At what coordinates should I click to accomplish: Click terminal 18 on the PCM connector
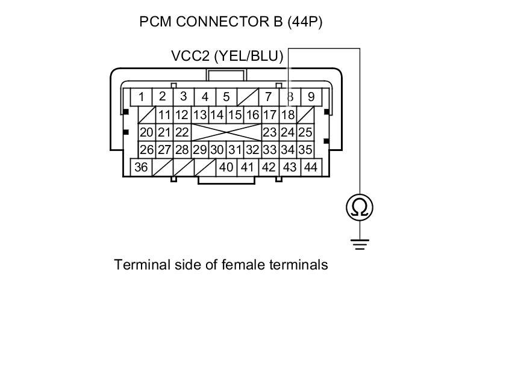pyautogui.click(x=289, y=114)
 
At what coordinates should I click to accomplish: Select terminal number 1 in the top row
pyautogui.click(x=141, y=97)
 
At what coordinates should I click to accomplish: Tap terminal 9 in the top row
pyautogui.click(x=311, y=97)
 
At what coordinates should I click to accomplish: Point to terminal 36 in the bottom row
pyautogui.click(x=141, y=167)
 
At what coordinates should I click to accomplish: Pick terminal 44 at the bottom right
pyautogui.click(x=311, y=167)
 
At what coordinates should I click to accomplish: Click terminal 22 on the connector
pyautogui.click(x=182, y=132)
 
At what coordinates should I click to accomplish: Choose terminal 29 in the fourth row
pyautogui.click(x=200, y=150)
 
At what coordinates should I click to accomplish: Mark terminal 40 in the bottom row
pyautogui.click(x=226, y=167)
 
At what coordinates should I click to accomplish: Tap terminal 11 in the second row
pyautogui.click(x=164, y=114)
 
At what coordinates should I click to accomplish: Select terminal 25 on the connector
pyautogui.click(x=305, y=132)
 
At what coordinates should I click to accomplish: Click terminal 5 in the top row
pyautogui.click(x=226, y=97)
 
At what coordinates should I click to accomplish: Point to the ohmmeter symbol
pyautogui.click(x=360, y=208)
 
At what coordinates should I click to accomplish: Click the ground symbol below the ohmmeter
pyautogui.click(x=360, y=244)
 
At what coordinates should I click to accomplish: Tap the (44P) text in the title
pyautogui.click(x=305, y=22)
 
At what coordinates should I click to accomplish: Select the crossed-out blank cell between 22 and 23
pyautogui.click(x=226, y=132)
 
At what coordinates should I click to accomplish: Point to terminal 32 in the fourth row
pyautogui.click(x=252, y=150)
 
